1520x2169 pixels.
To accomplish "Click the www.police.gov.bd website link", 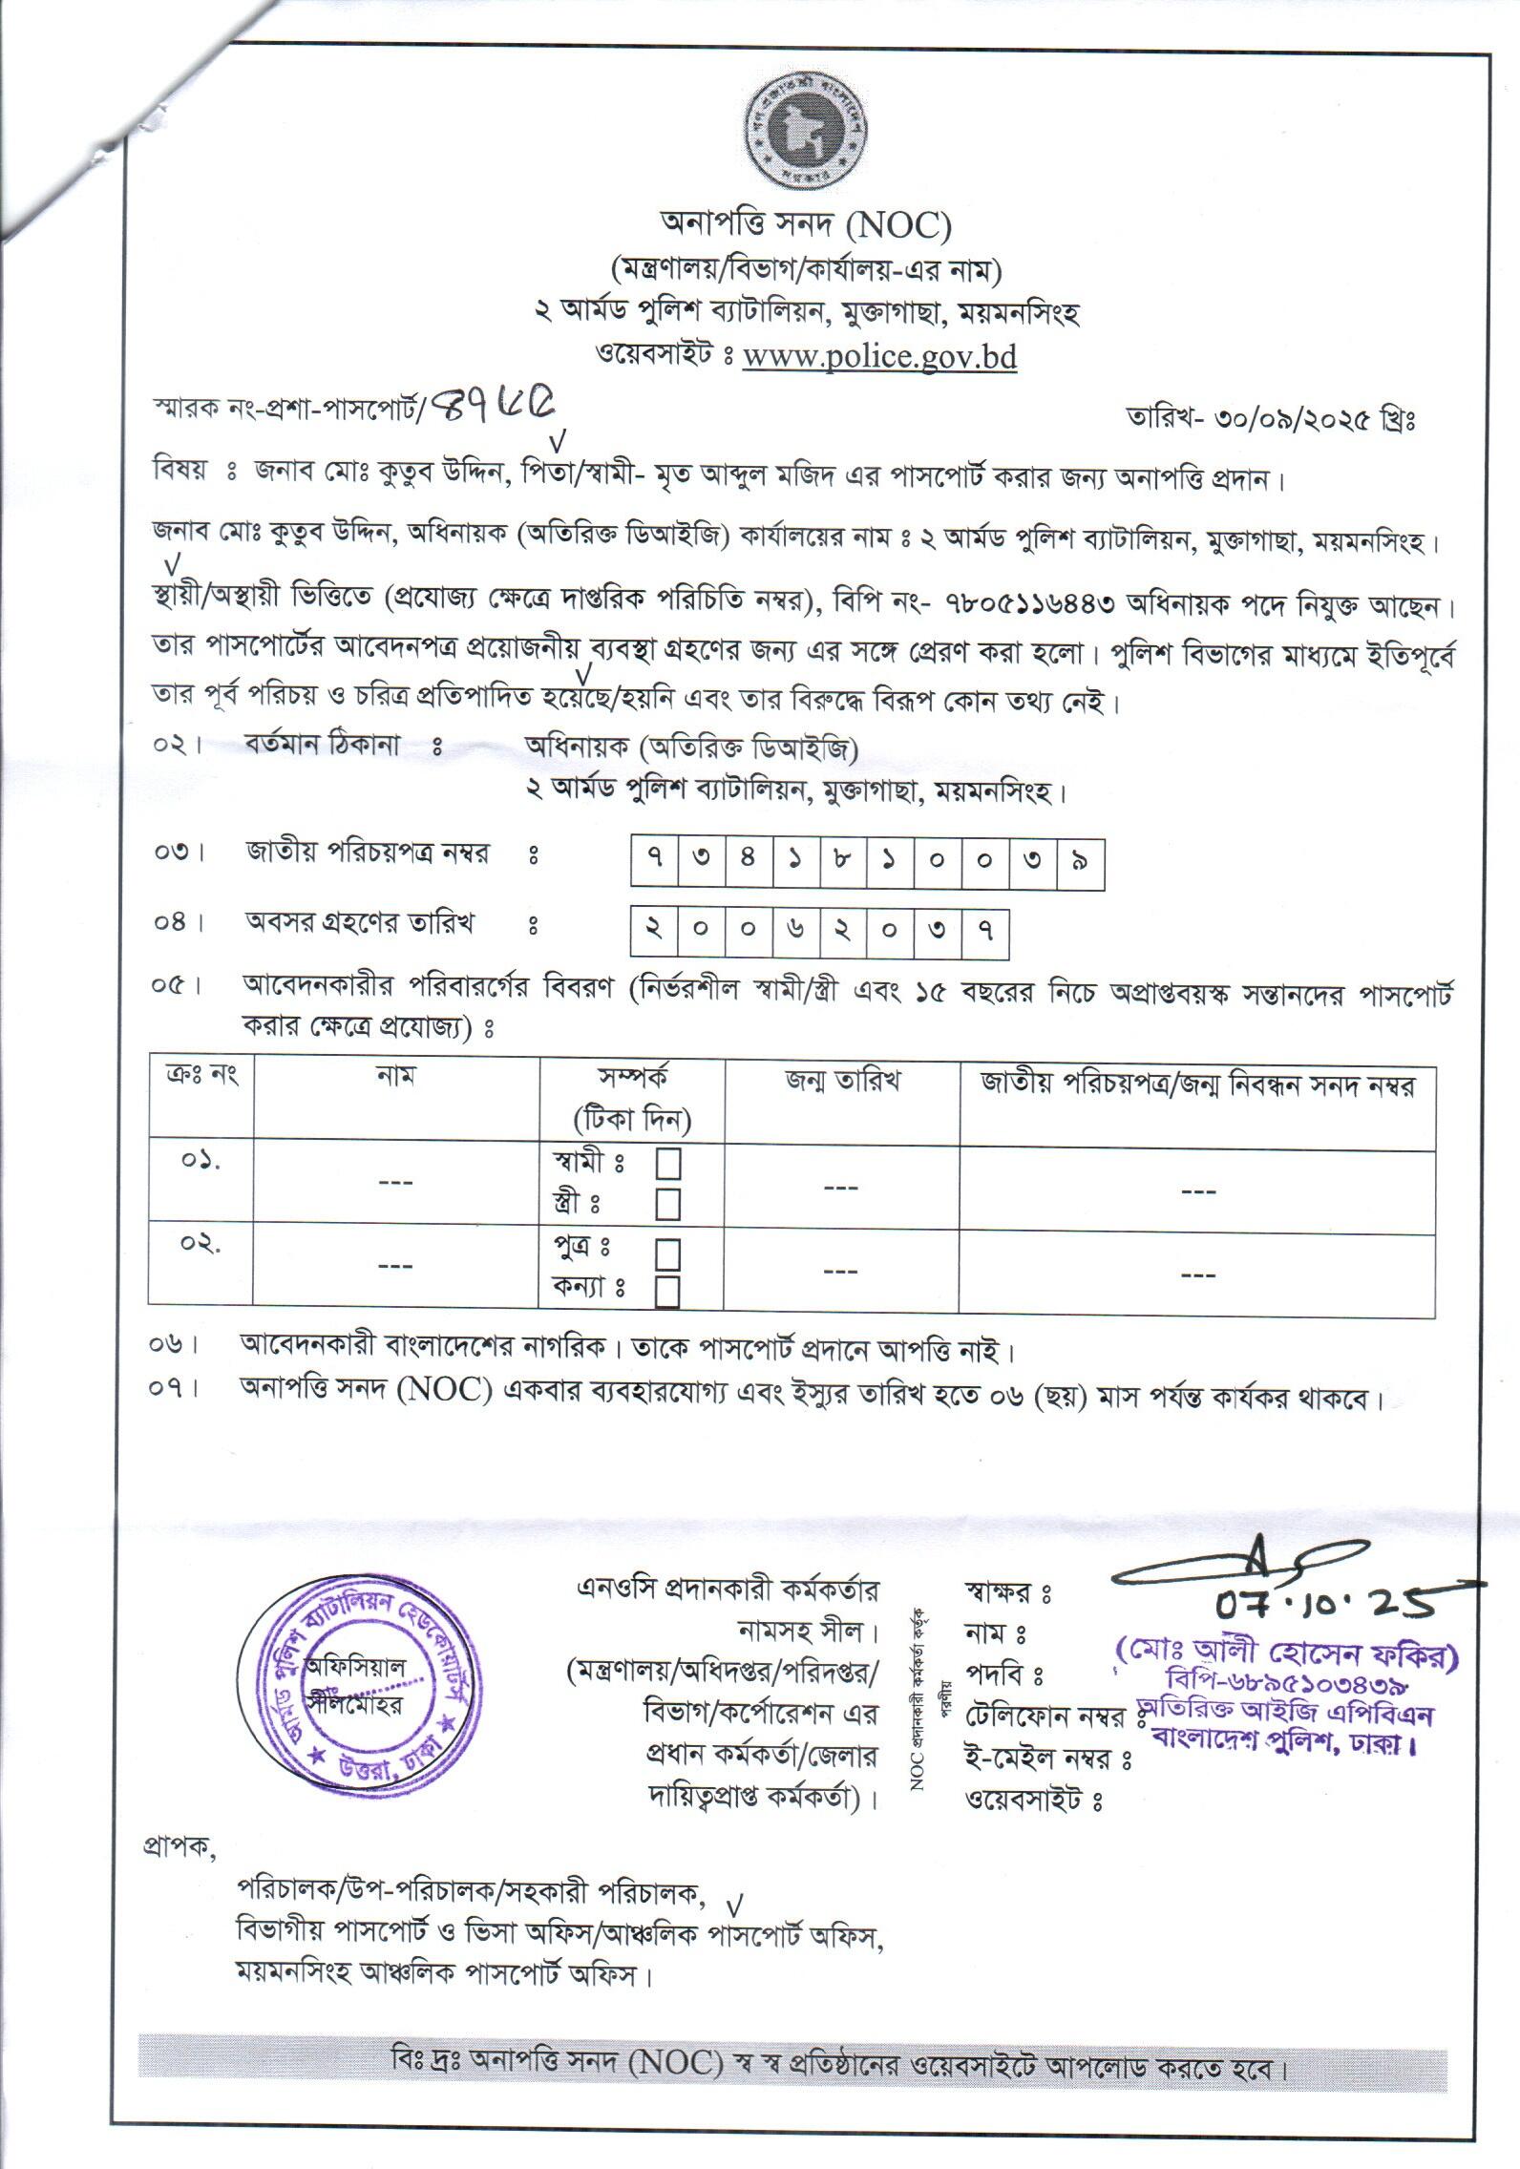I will (x=879, y=357).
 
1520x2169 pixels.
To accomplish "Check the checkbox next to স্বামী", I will (x=667, y=1165).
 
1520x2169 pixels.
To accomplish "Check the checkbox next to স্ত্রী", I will (x=667, y=1204).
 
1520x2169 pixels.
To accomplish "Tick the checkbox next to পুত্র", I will (x=667, y=1253).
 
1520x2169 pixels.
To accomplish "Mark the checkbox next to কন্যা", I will (x=667, y=1292).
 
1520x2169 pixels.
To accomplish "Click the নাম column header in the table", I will (x=395, y=1079).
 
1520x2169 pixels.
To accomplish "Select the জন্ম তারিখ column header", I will (x=843, y=1082).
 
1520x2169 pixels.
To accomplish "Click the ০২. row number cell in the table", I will (x=201, y=1245).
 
